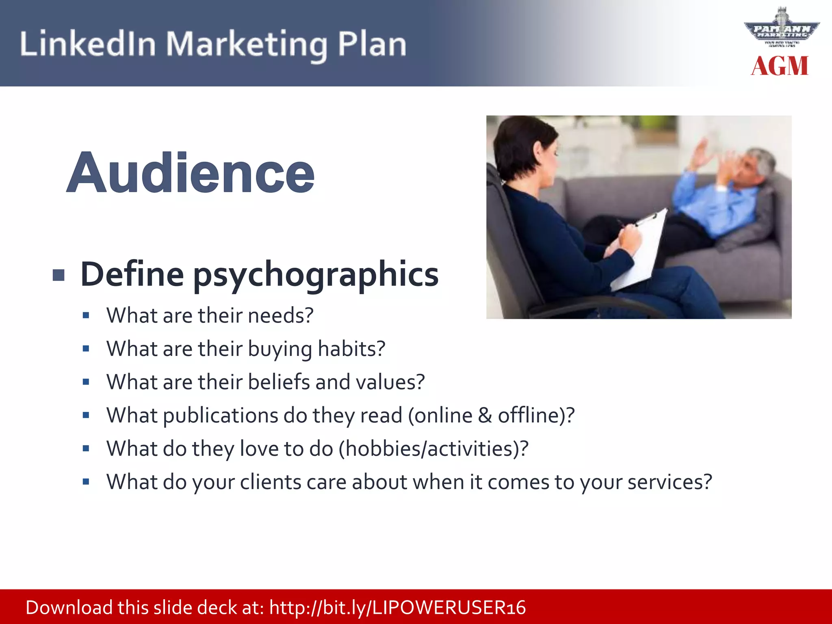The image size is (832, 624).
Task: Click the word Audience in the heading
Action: click(x=191, y=173)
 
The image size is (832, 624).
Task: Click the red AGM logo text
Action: click(x=780, y=66)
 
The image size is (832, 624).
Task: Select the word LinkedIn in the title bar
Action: click(x=88, y=44)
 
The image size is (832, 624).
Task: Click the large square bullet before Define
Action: click(x=59, y=275)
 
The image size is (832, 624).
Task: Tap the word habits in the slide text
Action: click(x=351, y=349)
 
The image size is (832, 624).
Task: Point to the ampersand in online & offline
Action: click(x=485, y=416)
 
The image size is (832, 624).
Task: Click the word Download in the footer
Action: click(x=69, y=608)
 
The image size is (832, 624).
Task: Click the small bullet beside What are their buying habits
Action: click(x=86, y=349)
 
